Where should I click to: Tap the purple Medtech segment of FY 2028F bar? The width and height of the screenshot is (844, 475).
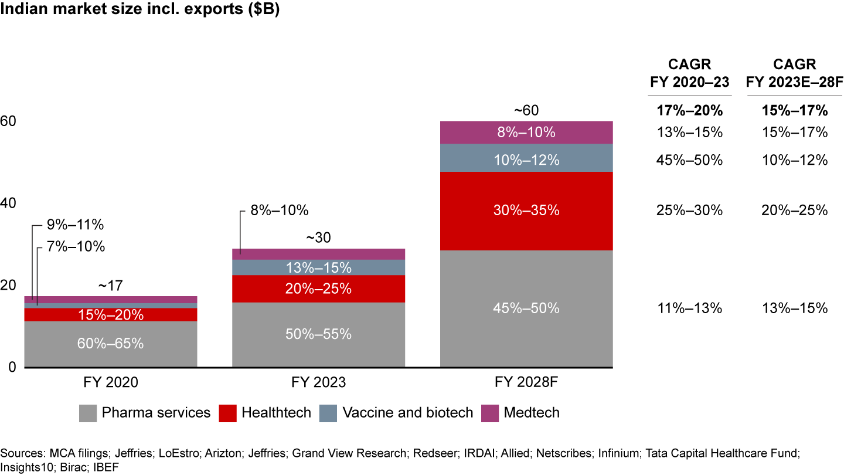coord(526,132)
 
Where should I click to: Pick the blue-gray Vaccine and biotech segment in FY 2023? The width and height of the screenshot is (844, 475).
coord(318,267)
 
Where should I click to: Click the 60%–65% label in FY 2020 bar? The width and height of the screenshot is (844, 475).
coord(110,344)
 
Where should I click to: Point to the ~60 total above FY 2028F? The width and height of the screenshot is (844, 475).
coord(526,110)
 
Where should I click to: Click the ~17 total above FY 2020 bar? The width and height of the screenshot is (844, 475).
coord(110,286)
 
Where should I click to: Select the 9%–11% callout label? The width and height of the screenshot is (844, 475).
coord(75,225)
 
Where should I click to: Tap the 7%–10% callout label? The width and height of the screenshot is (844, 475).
coord(75,247)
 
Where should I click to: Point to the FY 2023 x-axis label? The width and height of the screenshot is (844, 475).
coord(318,383)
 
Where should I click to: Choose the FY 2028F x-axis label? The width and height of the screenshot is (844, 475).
coord(526,383)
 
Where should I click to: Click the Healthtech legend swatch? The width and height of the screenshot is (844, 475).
coord(228,413)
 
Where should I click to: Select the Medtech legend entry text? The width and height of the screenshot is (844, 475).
coord(531,413)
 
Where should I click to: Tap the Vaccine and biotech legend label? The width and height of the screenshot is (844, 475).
coord(408,413)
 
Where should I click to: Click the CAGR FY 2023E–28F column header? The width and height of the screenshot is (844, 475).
coord(795,74)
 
